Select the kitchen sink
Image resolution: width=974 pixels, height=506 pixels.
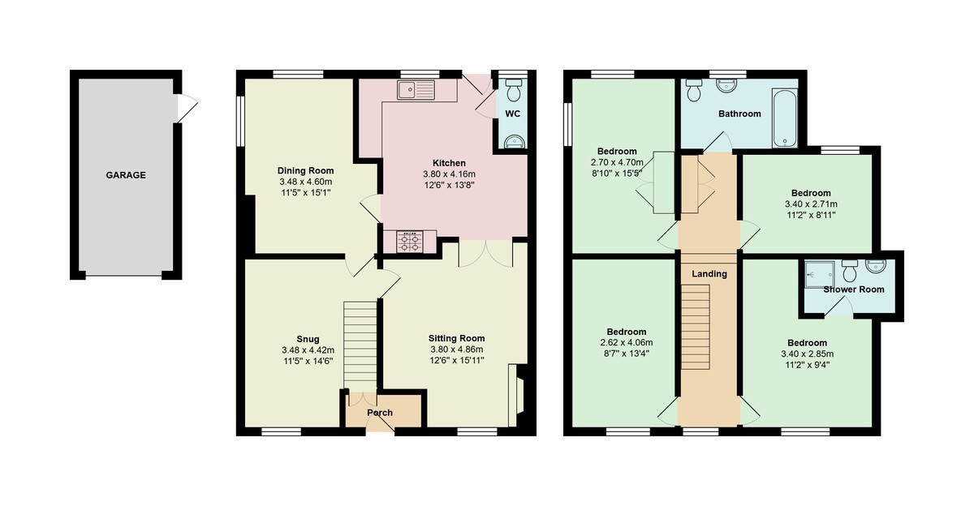[416, 90]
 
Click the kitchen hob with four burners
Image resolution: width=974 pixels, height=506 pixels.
[409, 240]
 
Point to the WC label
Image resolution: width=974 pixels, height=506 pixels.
[512, 114]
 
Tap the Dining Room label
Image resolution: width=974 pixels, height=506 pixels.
[305, 171]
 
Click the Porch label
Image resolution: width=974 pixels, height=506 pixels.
[380, 413]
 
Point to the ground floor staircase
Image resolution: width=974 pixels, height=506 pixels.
[360, 345]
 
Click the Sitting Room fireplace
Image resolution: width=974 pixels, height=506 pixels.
[515, 395]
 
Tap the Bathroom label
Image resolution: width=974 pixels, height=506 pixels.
[739, 114]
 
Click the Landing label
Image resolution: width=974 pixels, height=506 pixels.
[709, 274]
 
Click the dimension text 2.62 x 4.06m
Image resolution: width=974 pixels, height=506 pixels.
[626, 342]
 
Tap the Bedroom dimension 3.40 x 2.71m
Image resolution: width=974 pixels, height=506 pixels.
[811, 204]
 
